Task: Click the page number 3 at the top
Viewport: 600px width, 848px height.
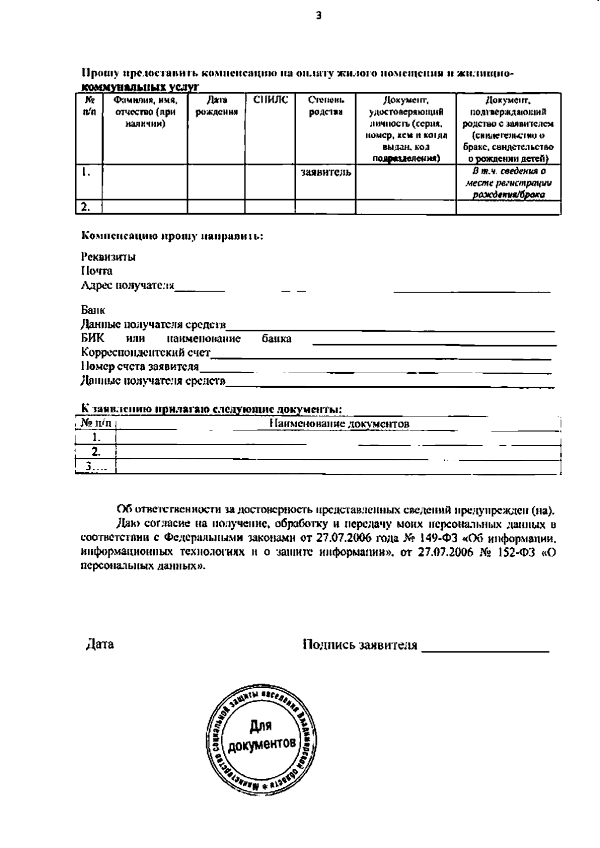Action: click(x=318, y=16)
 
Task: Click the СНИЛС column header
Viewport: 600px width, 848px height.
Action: click(x=270, y=100)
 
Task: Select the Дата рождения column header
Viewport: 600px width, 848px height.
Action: click(x=216, y=106)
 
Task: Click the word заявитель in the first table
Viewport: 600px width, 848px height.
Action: click(x=325, y=173)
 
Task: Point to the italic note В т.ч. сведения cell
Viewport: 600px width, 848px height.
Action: click(x=508, y=183)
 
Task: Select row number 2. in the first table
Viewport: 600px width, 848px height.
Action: click(x=86, y=207)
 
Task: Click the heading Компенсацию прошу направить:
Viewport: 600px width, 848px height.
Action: click(x=172, y=236)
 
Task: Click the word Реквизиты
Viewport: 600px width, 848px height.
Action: click(x=108, y=257)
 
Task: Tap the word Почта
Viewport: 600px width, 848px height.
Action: click(x=96, y=271)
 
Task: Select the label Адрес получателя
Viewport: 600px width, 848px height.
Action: click(x=127, y=286)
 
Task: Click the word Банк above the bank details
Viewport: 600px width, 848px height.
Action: click(x=93, y=310)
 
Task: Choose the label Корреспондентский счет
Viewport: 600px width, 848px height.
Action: click(x=145, y=353)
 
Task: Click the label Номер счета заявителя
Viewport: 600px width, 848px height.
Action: click(x=139, y=367)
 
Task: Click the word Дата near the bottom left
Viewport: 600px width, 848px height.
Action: click(x=100, y=644)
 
